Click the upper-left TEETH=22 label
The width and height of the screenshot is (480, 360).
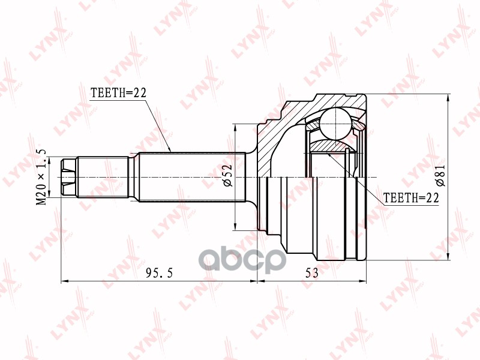point(118,92)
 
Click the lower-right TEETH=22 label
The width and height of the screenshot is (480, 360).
point(411,197)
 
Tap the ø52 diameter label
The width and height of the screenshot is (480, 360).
point(227,176)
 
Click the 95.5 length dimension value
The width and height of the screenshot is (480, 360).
point(159,273)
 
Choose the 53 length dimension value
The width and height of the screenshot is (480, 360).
point(311,273)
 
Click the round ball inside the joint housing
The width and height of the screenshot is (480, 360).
point(335,124)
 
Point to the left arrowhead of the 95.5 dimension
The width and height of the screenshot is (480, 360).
point(64,280)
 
